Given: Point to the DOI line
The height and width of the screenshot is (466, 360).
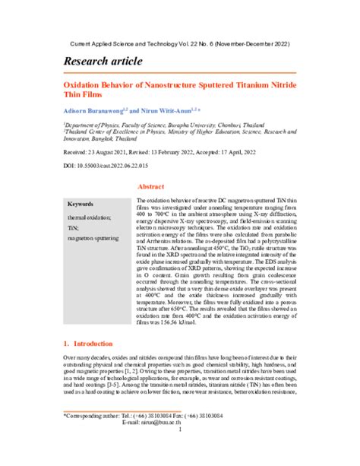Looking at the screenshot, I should coord(106,166).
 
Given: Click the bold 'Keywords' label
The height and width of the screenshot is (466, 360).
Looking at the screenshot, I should coord(81,204).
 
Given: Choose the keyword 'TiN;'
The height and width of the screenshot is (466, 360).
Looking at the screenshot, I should coord(74,227).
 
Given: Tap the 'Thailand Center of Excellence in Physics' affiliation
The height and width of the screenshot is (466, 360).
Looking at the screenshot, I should coord(179,131).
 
